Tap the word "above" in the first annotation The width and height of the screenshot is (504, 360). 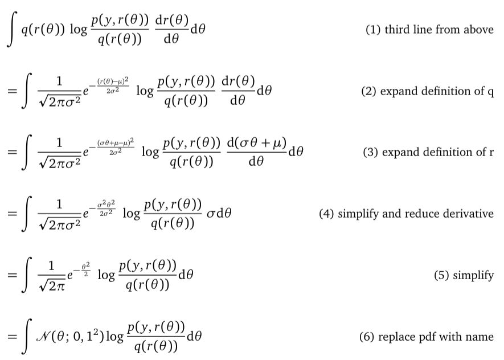coord(478,29)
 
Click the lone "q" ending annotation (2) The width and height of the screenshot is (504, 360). coord(490,93)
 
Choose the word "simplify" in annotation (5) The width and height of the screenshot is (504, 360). coord(473,276)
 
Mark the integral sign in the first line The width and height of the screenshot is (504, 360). coord(12,29)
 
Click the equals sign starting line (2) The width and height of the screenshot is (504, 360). coord(12,91)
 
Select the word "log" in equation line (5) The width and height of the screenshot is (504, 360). coord(106,276)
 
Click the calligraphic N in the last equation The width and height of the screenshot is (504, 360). coord(42,336)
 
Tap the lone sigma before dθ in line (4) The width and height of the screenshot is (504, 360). coord(211,214)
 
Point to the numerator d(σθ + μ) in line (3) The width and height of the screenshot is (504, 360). coord(256,143)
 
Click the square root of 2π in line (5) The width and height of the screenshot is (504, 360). coord(52,285)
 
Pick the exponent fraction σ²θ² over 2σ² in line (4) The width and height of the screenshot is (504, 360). coord(106,208)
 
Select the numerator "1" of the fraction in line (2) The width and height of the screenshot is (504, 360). coord(59,81)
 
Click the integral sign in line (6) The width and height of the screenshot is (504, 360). coord(27,336)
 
